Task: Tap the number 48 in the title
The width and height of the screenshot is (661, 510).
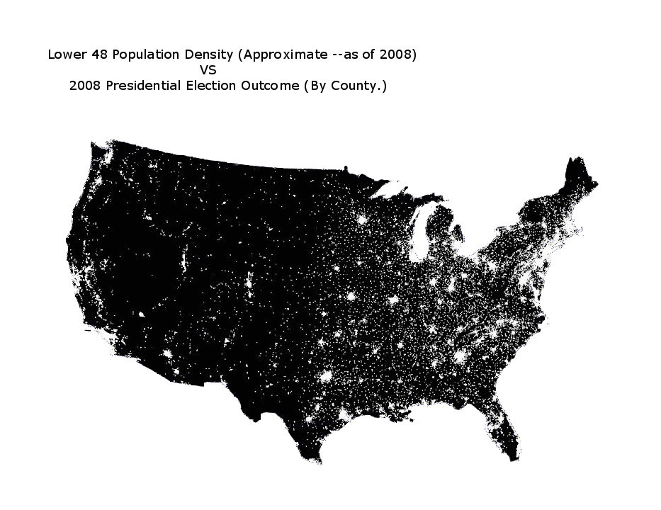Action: [x=94, y=55]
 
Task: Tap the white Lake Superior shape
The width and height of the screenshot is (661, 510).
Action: [x=397, y=190]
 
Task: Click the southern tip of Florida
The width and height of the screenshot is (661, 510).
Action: [x=512, y=459]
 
